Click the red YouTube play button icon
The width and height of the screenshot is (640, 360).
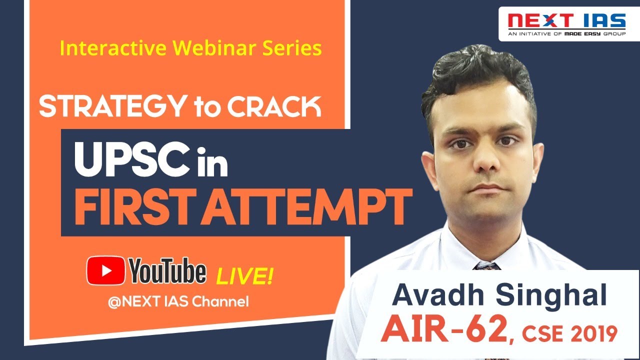tap(105, 270)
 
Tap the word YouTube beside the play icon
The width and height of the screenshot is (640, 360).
tap(167, 271)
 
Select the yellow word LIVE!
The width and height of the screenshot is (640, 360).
tap(244, 276)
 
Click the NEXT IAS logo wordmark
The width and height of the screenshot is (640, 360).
tap(566, 21)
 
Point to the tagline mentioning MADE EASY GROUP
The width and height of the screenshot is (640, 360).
tap(566, 33)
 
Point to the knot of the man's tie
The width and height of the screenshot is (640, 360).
tap(486, 266)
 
